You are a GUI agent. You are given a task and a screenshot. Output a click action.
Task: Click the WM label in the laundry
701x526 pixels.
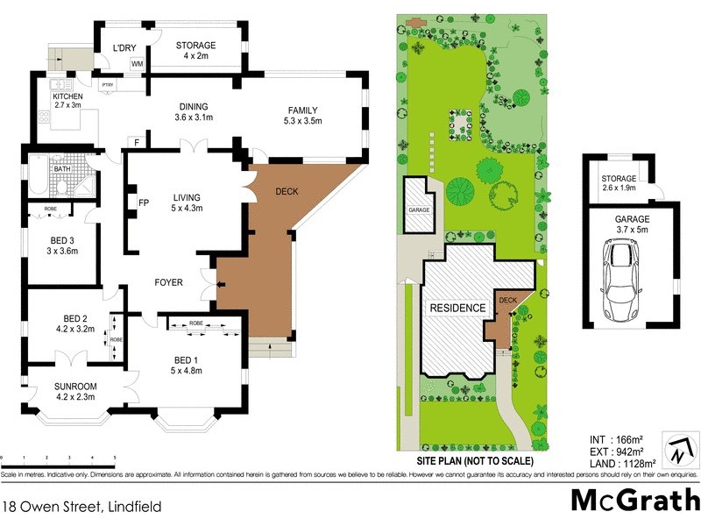coord(137,64)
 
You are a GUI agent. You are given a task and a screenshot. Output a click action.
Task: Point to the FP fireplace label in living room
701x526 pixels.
coord(143,203)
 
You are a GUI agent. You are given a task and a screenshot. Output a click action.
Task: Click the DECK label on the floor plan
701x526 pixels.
coord(287,190)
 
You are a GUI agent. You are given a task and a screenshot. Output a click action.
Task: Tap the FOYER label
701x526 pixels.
coord(168,282)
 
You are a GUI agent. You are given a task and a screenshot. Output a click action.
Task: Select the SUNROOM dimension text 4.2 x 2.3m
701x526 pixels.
coord(75,396)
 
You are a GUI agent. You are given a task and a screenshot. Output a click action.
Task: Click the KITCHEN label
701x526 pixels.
coord(67,96)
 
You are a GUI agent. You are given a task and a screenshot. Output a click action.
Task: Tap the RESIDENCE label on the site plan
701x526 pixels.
coord(457,309)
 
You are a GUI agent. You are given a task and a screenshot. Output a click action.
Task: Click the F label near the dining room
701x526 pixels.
coord(138,141)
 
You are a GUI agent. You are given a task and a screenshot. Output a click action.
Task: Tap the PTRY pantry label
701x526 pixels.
coord(108,84)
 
